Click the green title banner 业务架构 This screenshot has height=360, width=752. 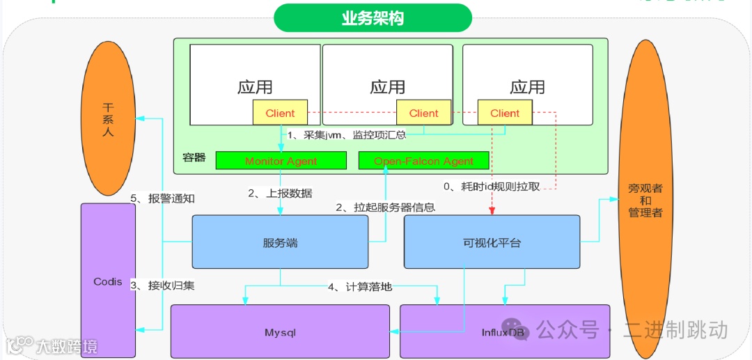pyautogui.click(x=373, y=18)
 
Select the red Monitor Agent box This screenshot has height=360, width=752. pyautogui.click(x=281, y=161)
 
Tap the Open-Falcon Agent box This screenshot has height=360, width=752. pyautogui.click(x=423, y=161)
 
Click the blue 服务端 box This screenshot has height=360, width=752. pyautogui.click(x=280, y=242)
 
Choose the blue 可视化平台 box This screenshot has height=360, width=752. pyautogui.click(x=492, y=242)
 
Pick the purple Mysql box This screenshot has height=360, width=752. pyautogui.click(x=280, y=331)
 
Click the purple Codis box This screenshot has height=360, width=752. pyautogui.click(x=108, y=281)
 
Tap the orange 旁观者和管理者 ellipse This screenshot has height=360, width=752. pyautogui.click(x=645, y=201)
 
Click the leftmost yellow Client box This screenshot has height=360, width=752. pyautogui.click(x=280, y=113)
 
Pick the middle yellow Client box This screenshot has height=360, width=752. pyautogui.click(x=423, y=113)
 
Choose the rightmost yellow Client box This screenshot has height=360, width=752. pyautogui.click(x=504, y=113)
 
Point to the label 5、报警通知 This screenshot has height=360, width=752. pyautogui.click(x=162, y=198)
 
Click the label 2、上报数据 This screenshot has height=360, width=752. pyautogui.click(x=280, y=194)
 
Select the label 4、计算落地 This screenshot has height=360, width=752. pyautogui.click(x=359, y=286)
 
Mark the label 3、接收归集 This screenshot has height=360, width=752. pyautogui.click(x=162, y=285)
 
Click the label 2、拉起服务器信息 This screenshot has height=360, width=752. pyautogui.click(x=385, y=207)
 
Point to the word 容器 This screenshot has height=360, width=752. pyautogui.click(x=194, y=157)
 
